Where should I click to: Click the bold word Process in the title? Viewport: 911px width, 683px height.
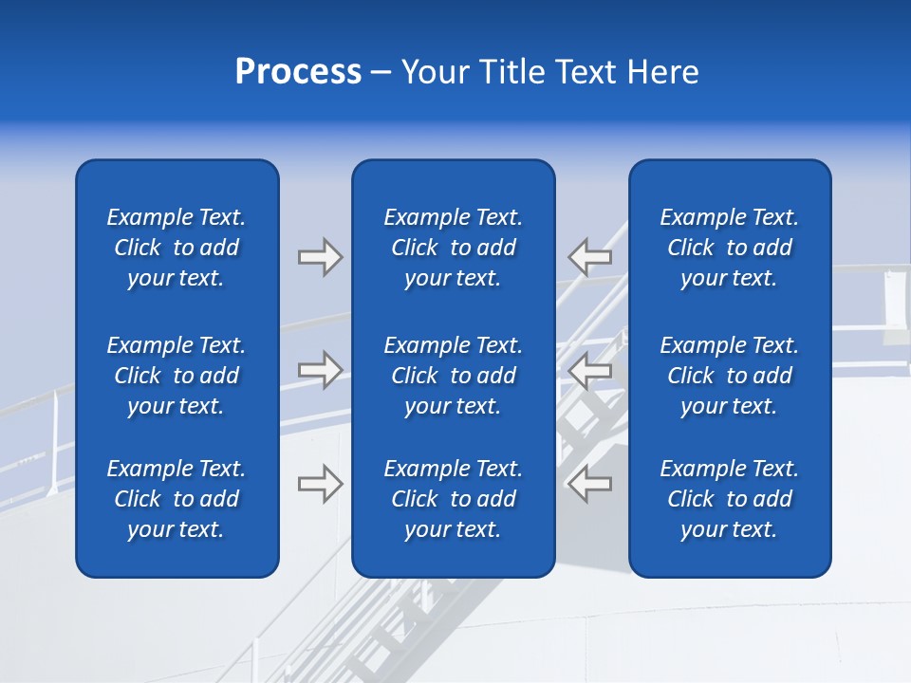pyautogui.click(x=298, y=72)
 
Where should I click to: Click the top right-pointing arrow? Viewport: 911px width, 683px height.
pyautogui.click(x=320, y=257)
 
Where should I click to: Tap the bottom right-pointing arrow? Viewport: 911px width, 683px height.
pyautogui.click(x=320, y=483)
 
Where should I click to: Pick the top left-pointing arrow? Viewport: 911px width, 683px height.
pyautogui.click(x=590, y=256)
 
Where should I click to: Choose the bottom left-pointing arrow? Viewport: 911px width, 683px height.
pyautogui.click(x=590, y=483)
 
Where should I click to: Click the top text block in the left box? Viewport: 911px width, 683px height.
pyautogui.click(x=177, y=248)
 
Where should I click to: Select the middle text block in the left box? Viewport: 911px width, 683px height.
pyautogui.click(x=177, y=376)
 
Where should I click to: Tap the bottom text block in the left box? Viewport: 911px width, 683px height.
pyautogui.click(x=177, y=499)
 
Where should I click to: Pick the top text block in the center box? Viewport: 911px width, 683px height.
pyautogui.click(x=454, y=248)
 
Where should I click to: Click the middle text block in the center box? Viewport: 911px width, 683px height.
pyautogui.click(x=454, y=376)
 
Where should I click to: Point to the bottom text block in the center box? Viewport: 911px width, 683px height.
pyautogui.click(x=454, y=499)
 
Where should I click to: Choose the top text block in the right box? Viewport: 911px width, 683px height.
pyautogui.click(x=730, y=248)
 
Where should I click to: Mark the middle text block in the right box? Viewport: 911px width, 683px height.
pyautogui.click(x=730, y=376)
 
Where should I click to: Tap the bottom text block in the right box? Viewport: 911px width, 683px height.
pyautogui.click(x=730, y=499)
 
